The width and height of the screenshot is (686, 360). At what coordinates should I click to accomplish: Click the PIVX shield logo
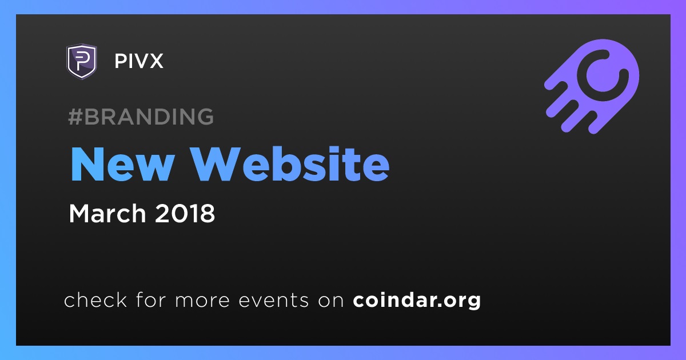(x=81, y=61)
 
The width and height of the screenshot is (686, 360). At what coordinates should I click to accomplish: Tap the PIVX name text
(x=139, y=61)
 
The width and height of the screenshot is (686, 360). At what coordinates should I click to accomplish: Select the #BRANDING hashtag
(x=141, y=117)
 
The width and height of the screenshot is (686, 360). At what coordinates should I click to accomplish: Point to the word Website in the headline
(x=290, y=164)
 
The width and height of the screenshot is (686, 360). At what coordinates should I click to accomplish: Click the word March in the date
(x=107, y=213)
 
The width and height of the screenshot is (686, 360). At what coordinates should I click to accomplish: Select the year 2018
(x=185, y=213)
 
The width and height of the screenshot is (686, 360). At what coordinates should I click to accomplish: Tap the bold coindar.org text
(x=417, y=301)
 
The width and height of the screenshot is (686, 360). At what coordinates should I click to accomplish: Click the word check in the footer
(x=95, y=299)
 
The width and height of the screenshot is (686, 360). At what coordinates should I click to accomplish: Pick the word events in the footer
(x=274, y=300)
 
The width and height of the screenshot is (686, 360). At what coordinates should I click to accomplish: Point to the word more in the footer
(x=202, y=301)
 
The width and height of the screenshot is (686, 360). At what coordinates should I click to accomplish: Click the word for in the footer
(x=151, y=299)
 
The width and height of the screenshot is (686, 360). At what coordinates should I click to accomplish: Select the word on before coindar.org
(x=331, y=301)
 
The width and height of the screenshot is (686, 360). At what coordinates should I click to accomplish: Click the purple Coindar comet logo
(x=592, y=86)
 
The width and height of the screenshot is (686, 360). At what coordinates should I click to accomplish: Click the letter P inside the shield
(x=81, y=61)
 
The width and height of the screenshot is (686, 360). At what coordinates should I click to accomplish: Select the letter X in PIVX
(x=155, y=61)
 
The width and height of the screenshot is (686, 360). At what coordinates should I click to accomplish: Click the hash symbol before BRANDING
(x=75, y=117)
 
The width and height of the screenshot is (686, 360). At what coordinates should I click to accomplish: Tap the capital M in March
(x=79, y=213)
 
